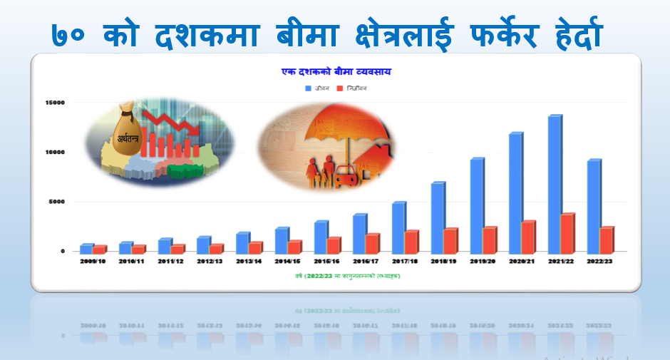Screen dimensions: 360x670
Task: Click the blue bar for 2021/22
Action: click(x=555, y=184)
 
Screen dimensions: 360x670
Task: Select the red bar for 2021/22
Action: click(x=567, y=233)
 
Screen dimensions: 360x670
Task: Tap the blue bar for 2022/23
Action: click(x=594, y=206)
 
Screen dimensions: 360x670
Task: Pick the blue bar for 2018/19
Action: click(x=438, y=217)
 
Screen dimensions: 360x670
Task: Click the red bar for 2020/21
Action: click(x=528, y=237)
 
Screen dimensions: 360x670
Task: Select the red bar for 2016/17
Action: click(x=372, y=244)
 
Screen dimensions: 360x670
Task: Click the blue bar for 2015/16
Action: click(x=321, y=237)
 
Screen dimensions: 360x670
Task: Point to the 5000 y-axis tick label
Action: click(x=56, y=202)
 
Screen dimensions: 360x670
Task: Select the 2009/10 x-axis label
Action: click(x=93, y=262)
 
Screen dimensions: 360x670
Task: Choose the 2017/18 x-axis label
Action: click(x=405, y=262)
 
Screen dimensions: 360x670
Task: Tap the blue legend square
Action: click(x=309, y=88)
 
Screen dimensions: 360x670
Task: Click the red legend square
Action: click(x=340, y=88)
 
